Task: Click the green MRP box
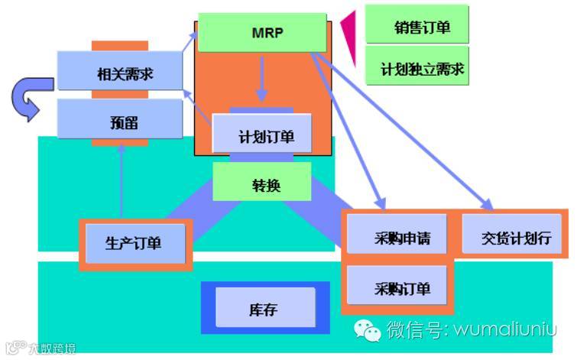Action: point(261,32)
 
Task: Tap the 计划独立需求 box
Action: point(417,69)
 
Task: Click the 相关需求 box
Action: point(120,73)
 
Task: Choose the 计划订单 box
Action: point(262,135)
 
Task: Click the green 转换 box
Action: point(261,184)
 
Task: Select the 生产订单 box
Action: point(134,244)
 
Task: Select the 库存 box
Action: point(264,308)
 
